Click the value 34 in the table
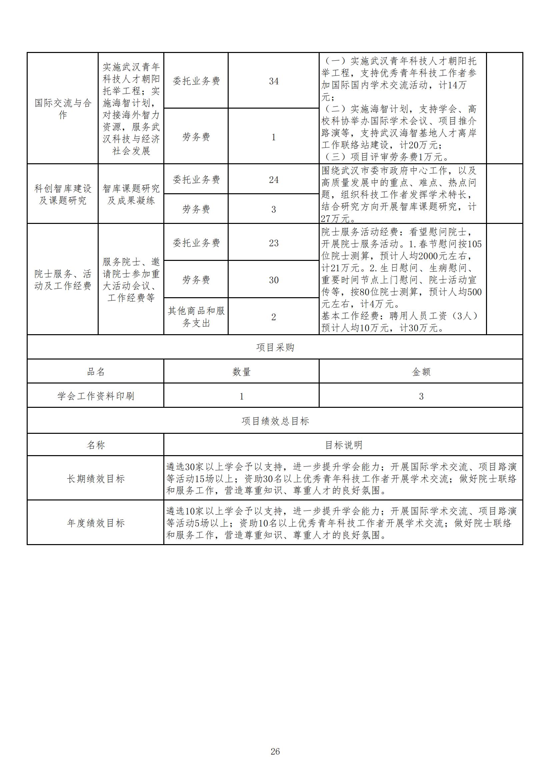click(x=274, y=81)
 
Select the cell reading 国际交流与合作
click(x=63, y=109)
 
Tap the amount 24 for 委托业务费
click(x=274, y=180)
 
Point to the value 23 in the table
click(x=274, y=243)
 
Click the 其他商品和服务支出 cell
click(x=196, y=317)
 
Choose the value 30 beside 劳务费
click(x=274, y=280)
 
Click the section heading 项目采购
click(x=275, y=348)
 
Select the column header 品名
click(x=96, y=372)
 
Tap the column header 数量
click(x=241, y=372)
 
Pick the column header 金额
click(x=421, y=372)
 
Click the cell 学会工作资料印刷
click(x=96, y=396)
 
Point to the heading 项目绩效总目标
click(x=275, y=421)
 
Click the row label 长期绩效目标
click(x=96, y=479)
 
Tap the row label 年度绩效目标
click(x=96, y=523)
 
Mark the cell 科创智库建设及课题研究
click(x=63, y=194)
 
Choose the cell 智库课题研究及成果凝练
click(x=131, y=194)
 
